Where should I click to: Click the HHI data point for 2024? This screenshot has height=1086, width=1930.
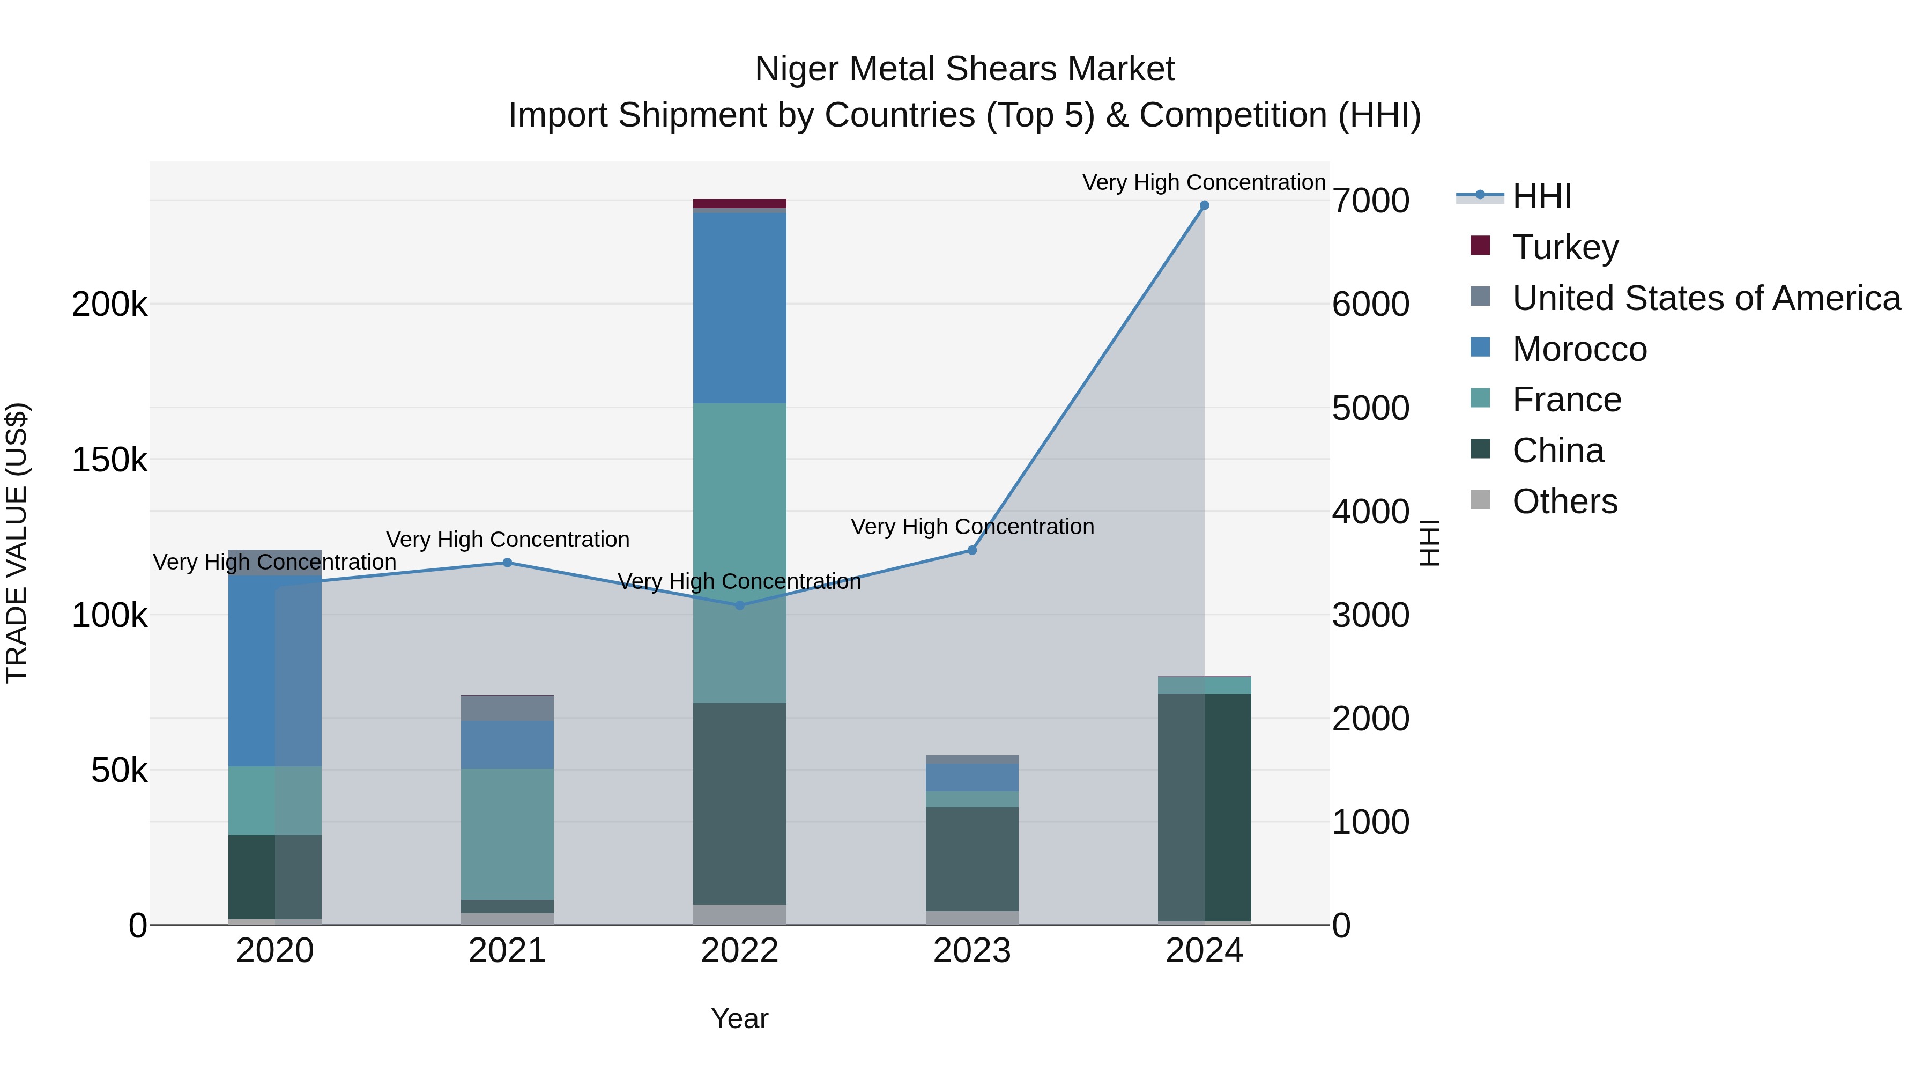coord(1204,205)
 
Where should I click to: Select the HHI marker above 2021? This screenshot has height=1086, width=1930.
coord(507,563)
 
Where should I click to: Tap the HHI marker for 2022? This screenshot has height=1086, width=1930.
coord(739,605)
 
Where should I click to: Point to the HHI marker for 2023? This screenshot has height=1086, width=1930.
coord(972,550)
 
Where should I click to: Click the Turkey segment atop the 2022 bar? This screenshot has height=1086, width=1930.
coord(739,204)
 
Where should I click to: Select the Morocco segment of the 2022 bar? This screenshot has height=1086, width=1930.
coord(739,308)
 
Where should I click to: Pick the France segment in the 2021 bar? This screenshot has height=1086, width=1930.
coord(507,833)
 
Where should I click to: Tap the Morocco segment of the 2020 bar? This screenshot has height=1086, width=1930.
coord(251,671)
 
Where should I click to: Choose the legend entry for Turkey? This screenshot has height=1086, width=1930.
coord(1565,247)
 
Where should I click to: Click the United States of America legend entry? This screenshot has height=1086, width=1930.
coord(1706,298)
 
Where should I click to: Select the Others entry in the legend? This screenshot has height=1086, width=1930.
coord(1564,501)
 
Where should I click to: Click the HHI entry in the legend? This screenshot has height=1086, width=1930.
coord(1541,196)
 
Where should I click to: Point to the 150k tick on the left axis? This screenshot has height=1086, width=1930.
coord(109,460)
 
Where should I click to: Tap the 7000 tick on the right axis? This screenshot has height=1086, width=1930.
coord(1370,201)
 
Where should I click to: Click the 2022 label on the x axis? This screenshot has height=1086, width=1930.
coord(739,951)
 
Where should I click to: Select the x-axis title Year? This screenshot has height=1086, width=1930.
coord(739,1018)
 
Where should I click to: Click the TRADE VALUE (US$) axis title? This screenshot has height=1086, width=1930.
coord(17,543)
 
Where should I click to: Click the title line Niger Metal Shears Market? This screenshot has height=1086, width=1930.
coord(964,69)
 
